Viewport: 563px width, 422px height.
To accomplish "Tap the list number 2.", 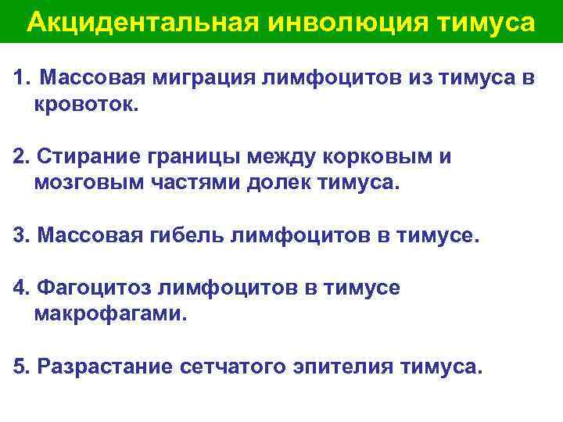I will click(20, 157).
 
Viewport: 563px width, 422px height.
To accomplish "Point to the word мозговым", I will click(83, 184).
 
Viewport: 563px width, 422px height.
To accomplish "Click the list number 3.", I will click(20, 236).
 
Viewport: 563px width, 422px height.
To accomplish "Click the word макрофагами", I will click(110, 315).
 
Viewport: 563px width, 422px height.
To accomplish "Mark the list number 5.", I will click(20, 367).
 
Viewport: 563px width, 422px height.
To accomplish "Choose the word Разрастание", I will click(103, 367).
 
